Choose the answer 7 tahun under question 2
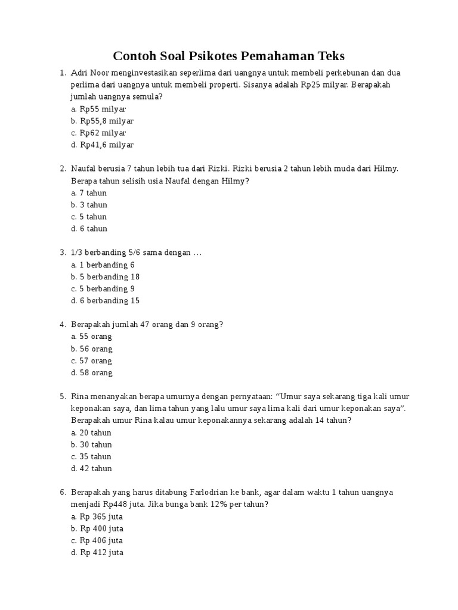tap(93, 192)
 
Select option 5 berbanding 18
tap(110, 277)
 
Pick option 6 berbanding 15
tap(110, 301)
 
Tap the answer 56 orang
tap(95, 349)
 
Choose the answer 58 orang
tap(95, 373)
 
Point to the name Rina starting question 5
tap(81, 397)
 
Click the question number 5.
tap(62, 397)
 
